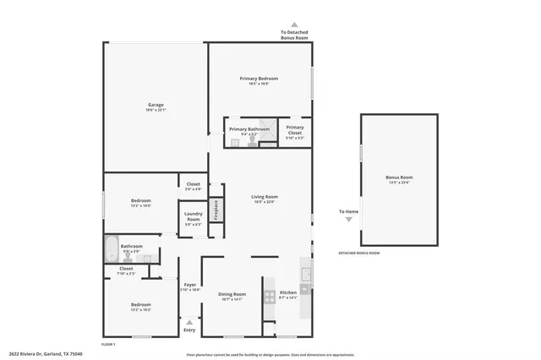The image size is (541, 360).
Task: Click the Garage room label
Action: [156, 106]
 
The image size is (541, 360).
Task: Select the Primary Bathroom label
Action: [249, 129]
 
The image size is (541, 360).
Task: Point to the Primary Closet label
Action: [294, 129]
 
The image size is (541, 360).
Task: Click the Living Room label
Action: [265, 197]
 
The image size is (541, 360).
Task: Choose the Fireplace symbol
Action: [216, 208]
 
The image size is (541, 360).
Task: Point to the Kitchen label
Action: [288, 292]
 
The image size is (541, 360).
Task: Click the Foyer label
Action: [190, 285]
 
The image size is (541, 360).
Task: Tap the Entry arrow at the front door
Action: [189, 321]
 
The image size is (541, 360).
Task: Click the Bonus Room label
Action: [399, 177]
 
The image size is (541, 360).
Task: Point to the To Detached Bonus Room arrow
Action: [294, 25]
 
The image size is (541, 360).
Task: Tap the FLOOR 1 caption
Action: [108, 344]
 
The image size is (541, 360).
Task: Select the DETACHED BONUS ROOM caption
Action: [359, 253]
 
